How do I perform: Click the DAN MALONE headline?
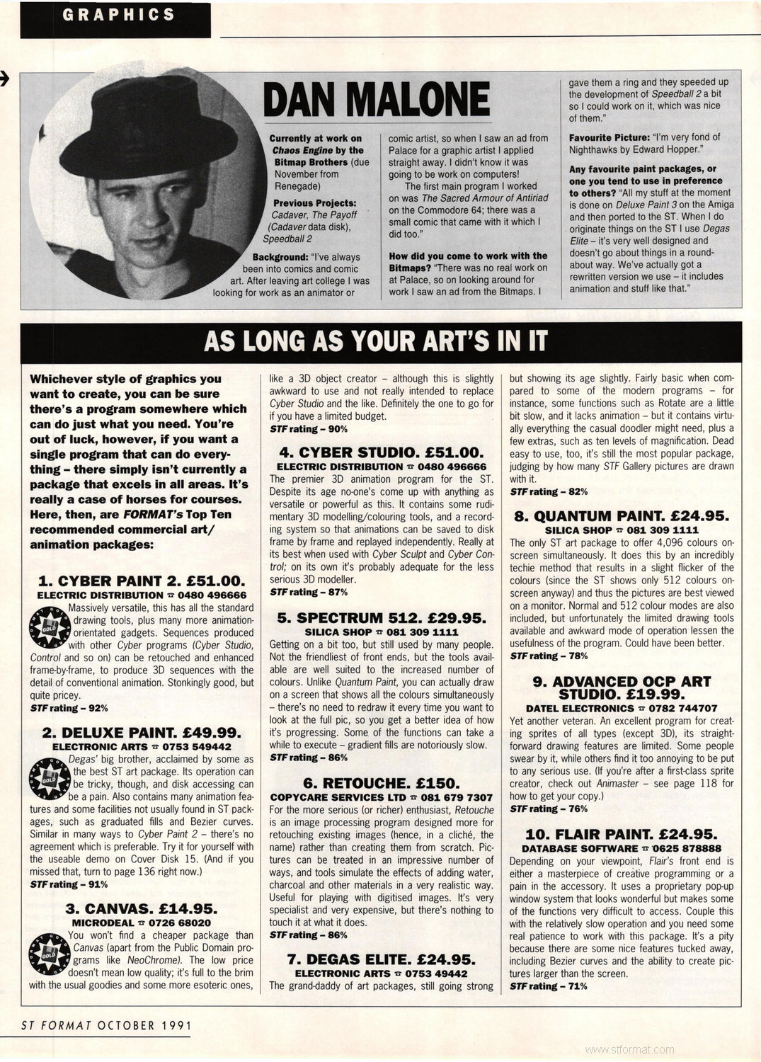pos(376,99)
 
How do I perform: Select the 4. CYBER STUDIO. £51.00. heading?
pos(381,452)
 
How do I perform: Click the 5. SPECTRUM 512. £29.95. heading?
pos(381,618)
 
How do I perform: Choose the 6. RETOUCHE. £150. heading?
pos(381,784)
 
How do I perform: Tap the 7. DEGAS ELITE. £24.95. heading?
pos(381,960)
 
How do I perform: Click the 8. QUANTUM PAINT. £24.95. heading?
pos(621,516)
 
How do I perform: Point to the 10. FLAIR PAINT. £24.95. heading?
pos(621,835)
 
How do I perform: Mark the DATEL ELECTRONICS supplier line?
pos(621,708)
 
